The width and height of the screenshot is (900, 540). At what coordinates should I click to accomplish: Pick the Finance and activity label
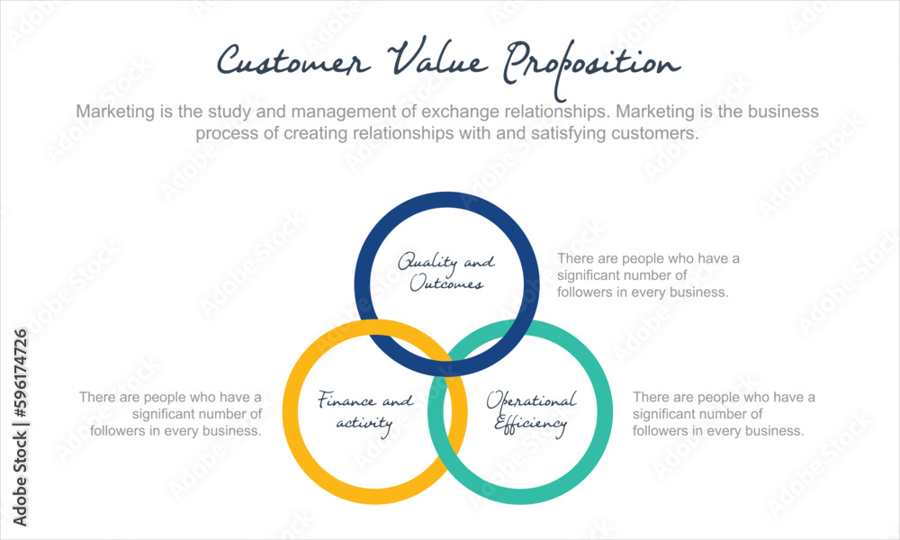coord(365,411)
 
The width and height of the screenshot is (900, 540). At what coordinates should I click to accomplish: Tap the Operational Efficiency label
coord(531,411)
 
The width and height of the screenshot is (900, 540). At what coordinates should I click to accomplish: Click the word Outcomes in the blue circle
coord(447,283)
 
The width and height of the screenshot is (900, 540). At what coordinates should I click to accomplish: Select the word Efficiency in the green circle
coord(531,422)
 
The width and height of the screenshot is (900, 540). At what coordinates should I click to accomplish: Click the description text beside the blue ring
coord(648,275)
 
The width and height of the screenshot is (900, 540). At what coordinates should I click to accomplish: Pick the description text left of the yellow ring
coord(171,413)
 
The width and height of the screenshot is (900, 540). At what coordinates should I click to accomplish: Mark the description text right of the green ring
coord(724,413)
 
